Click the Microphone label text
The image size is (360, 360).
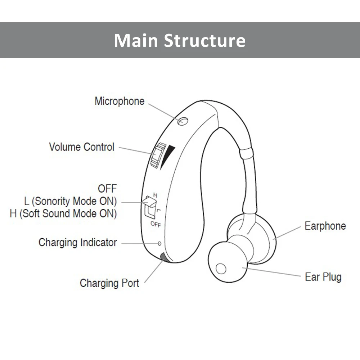119,101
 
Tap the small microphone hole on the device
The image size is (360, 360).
183,121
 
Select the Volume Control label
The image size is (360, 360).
82,147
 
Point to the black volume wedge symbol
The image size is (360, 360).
168,156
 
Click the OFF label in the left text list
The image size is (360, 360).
107,188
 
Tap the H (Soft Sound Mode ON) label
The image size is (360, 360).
63,213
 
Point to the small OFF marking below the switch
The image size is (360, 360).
156,225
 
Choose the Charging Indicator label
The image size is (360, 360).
77,242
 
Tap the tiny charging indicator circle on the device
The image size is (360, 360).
159,243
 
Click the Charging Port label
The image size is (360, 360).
109,283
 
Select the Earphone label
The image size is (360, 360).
325,226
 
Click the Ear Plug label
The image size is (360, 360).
323,277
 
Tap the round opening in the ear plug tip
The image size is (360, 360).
220,269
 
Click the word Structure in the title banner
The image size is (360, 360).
205,40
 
